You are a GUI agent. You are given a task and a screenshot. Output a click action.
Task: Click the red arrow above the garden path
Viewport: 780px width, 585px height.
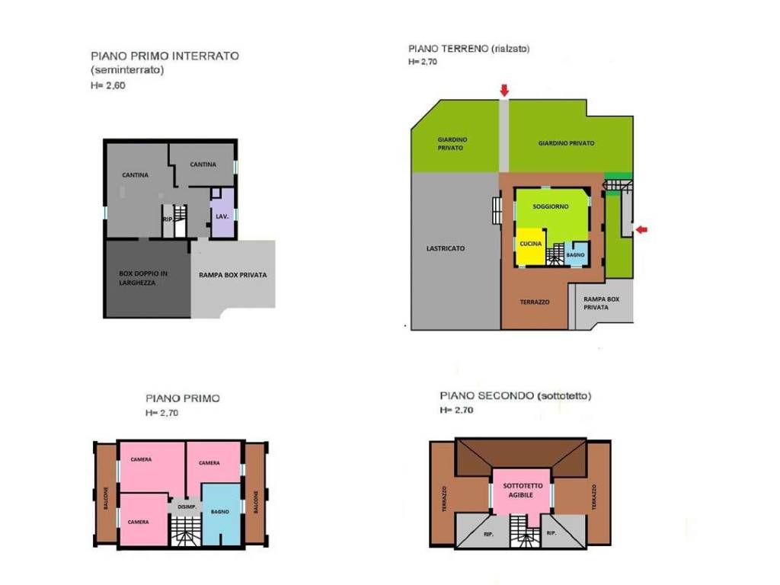click(x=504, y=90)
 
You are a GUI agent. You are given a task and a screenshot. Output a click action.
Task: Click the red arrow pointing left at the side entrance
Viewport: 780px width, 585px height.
click(x=642, y=229)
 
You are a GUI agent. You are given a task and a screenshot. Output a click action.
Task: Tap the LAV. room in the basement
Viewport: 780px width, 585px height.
click(x=222, y=213)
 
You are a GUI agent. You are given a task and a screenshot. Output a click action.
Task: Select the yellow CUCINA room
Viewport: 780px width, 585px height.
click(x=530, y=247)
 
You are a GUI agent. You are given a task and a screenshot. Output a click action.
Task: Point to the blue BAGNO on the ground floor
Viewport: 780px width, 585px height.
click(x=576, y=254)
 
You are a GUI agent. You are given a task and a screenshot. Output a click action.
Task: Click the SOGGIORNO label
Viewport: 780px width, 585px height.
click(x=550, y=206)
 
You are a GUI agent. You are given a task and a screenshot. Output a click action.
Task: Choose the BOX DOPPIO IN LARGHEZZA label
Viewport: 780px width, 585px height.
click(x=143, y=278)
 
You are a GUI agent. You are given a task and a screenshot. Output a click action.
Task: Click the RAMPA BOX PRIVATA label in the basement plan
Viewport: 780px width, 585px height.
click(x=232, y=274)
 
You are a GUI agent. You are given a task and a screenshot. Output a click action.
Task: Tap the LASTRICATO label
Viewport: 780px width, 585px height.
click(x=445, y=248)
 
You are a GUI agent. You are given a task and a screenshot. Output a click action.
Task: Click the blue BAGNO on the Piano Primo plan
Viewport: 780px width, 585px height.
click(x=221, y=514)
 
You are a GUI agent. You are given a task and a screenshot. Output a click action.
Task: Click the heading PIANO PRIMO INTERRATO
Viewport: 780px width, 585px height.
click(x=165, y=56)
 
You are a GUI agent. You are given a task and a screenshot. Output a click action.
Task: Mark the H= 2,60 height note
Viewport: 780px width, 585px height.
click(x=108, y=85)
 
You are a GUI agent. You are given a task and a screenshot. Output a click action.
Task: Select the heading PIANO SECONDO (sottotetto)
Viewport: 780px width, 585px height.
click(x=516, y=396)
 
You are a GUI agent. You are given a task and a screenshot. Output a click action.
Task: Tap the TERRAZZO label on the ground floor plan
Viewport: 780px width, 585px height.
click(x=535, y=302)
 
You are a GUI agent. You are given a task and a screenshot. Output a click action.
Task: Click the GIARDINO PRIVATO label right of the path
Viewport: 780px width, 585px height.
click(x=566, y=143)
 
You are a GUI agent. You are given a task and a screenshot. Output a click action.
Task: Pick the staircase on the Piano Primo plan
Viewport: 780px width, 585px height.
click(x=185, y=531)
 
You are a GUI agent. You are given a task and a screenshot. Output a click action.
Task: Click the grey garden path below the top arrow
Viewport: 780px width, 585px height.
click(x=503, y=136)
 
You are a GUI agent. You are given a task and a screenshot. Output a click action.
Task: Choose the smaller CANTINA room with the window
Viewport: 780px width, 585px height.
click(x=203, y=165)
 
